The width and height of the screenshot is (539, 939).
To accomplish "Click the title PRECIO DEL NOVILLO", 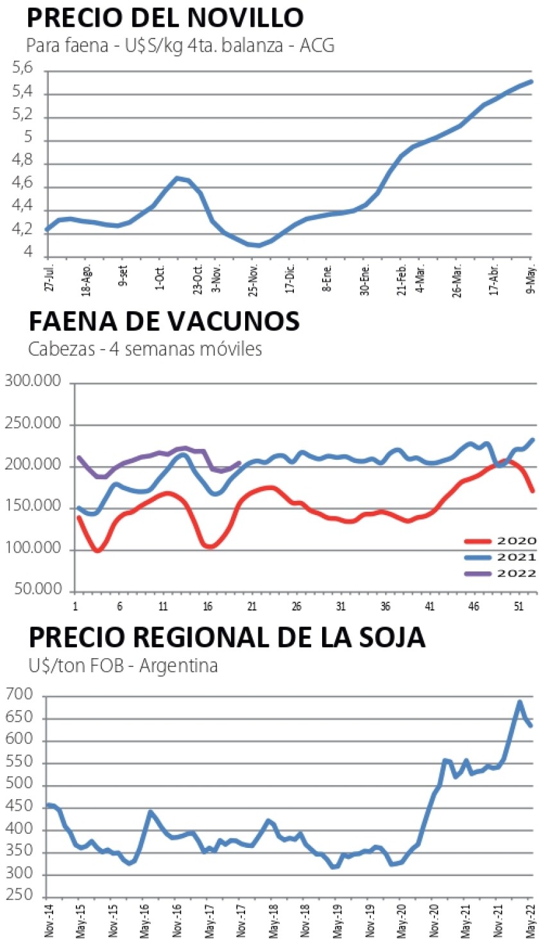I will [x=164, y=17].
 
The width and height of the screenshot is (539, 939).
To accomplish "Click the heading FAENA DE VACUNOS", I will [x=163, y=321].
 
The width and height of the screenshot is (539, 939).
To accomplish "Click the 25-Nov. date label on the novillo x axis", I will [x=255, y=280].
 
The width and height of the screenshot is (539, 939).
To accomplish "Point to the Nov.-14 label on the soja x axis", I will [x=48, y=918].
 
